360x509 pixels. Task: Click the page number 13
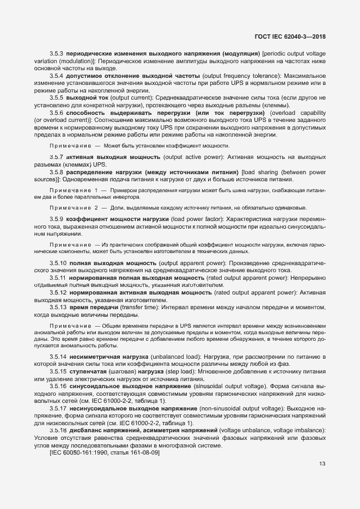point(322,464)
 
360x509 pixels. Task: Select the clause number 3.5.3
point(57,54)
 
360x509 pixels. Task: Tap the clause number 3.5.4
point(57,76)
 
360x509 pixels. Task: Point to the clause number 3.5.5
point(57,97)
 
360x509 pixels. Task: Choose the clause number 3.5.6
point(57,112)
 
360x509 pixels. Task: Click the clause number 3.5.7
point(57,157)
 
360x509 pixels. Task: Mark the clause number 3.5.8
point(57,171)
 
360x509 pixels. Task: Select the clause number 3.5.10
point(58,263)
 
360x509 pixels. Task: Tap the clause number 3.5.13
point(58,307)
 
